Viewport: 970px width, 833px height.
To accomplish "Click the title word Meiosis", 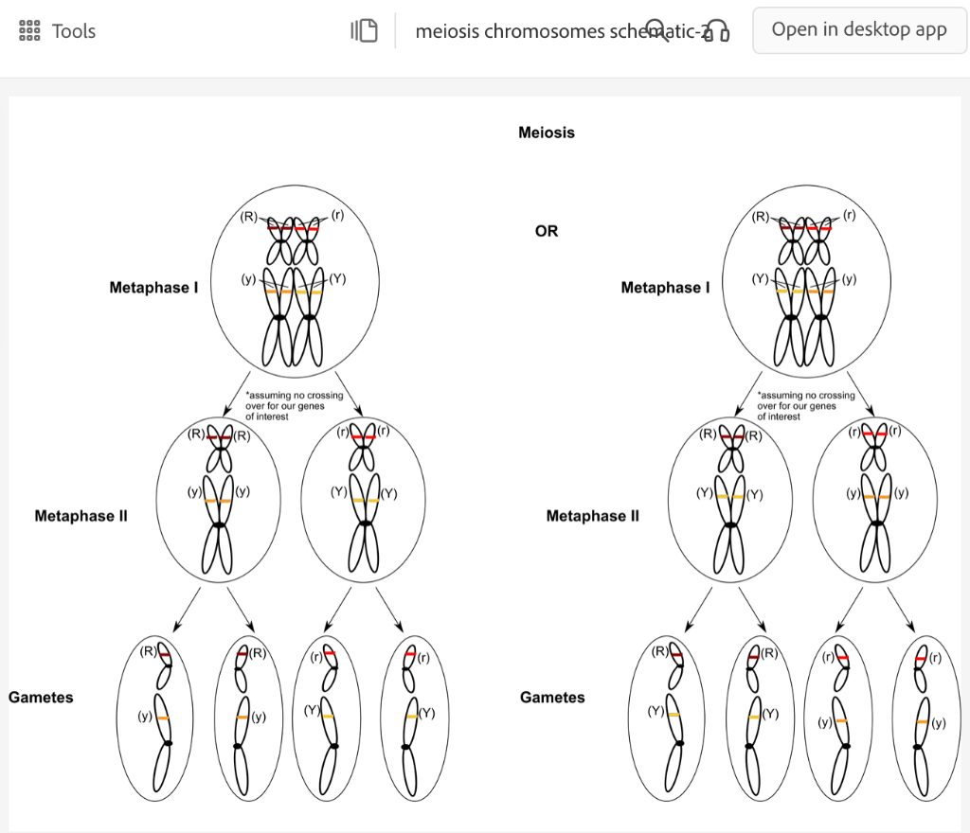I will [547, 133].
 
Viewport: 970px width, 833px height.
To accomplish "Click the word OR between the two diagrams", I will [547, 231].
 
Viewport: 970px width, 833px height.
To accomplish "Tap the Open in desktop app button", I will [859, 30].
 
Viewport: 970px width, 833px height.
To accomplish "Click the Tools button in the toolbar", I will [58, 31].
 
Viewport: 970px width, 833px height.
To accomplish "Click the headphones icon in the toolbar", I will [718, 31].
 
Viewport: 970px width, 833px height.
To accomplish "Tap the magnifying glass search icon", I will [656, 29].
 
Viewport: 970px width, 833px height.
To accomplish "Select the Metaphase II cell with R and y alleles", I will [218, 498].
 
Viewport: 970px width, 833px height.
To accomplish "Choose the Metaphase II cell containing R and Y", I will [729, 498].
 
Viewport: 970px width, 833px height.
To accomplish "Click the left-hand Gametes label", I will [41, 698].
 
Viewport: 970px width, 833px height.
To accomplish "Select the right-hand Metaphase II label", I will [592, 517].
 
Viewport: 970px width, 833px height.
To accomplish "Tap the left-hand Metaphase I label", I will [153, 288].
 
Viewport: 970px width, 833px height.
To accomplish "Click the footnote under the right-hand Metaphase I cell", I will [805, 406].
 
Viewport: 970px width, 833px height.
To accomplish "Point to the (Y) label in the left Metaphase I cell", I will [338, 279].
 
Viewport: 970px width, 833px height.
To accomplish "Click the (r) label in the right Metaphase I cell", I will [849, 216].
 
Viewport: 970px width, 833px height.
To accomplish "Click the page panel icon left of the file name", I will [364, 31].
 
